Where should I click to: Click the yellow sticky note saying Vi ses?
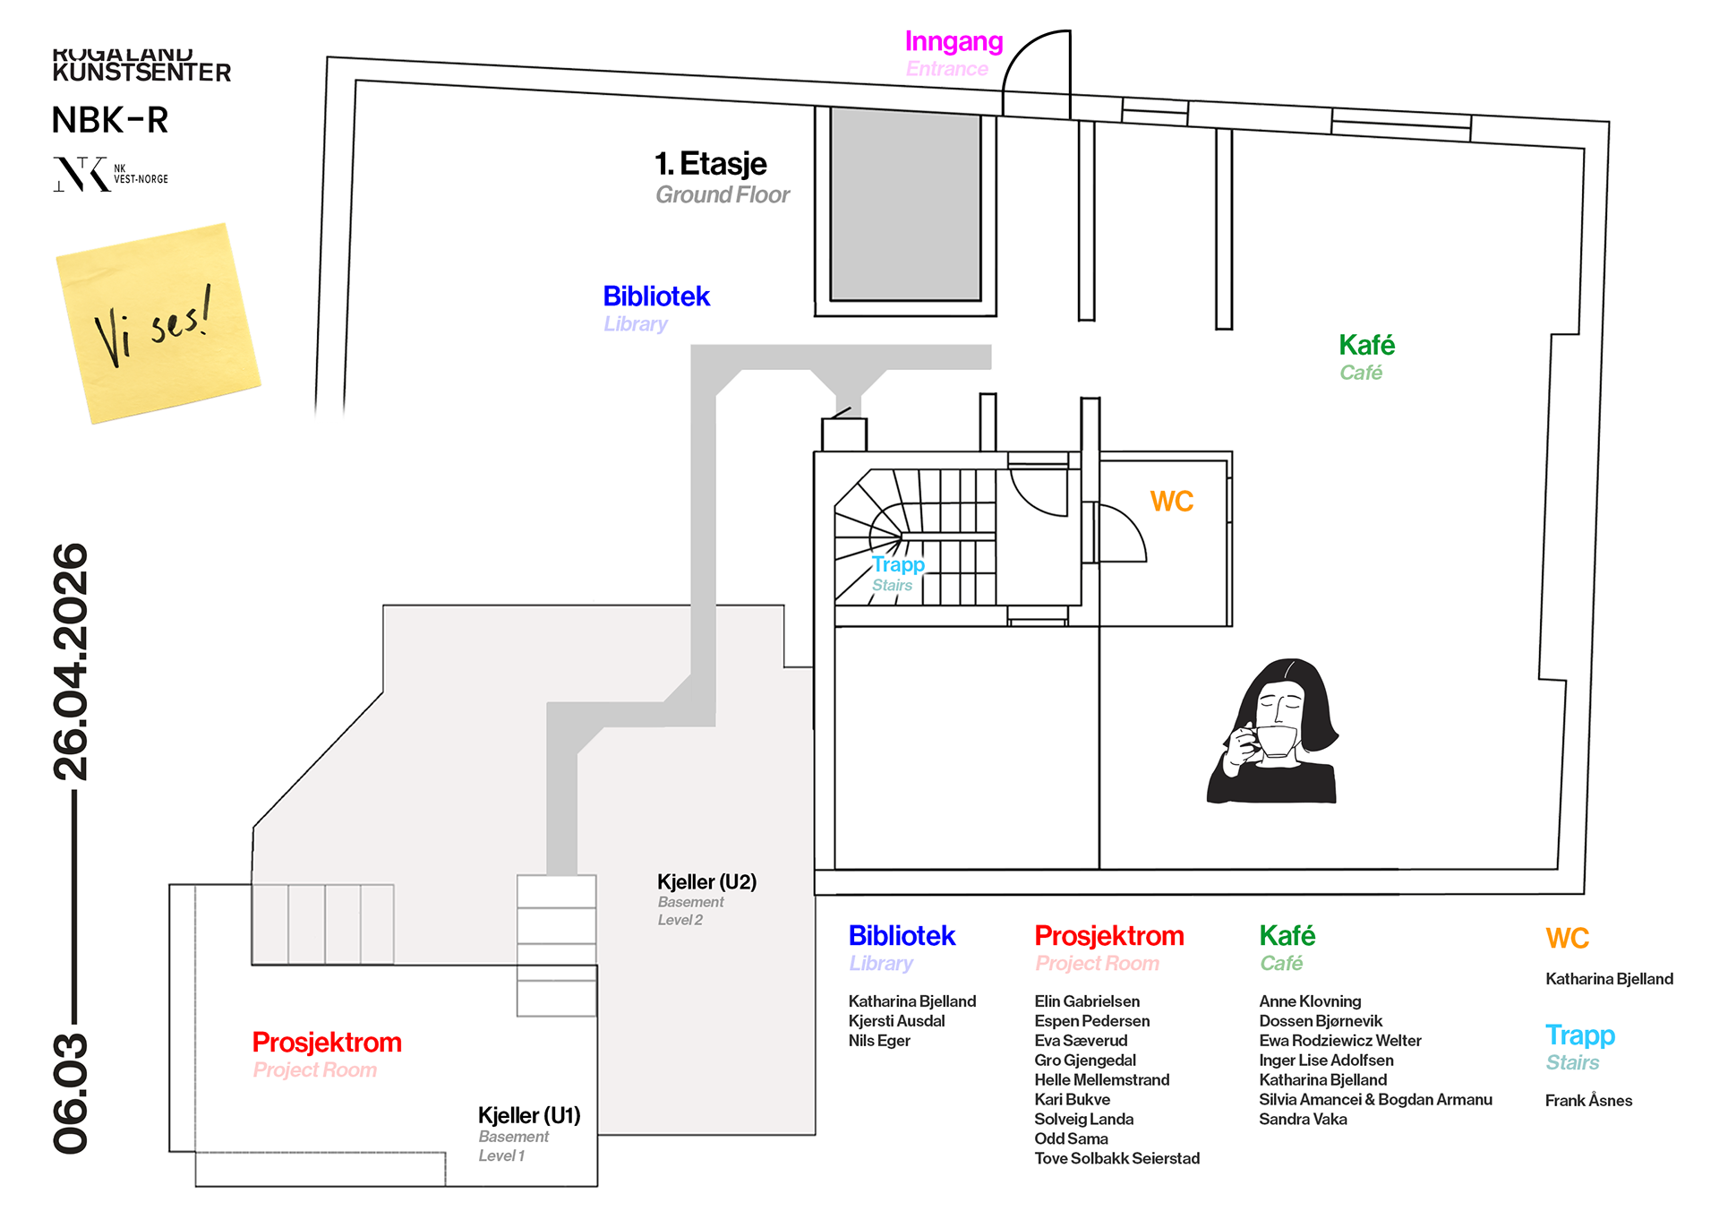(158, 322)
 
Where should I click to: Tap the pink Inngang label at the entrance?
(954, 42)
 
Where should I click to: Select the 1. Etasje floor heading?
(711, 164)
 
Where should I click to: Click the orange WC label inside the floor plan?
(1171, 502)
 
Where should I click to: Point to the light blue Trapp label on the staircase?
(898, 564)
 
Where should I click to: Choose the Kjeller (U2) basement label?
(706, 882)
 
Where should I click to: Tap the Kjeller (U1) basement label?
(529, 1115)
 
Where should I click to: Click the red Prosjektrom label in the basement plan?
(327, 1043)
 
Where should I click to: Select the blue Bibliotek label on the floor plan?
(656, 296)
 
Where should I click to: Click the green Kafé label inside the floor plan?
(1366, 345)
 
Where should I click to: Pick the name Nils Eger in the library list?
(879, 1041)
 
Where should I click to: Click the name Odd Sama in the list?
(1071, 1139)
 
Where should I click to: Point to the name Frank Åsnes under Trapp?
(1588, 1101)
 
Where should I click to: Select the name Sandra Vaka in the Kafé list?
(1303, 1120)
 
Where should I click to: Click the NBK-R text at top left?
(110, 120)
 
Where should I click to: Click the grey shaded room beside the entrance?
(905, 204)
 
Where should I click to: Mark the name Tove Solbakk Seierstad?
(1116, 1159)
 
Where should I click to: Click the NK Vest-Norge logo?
(109, 174)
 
